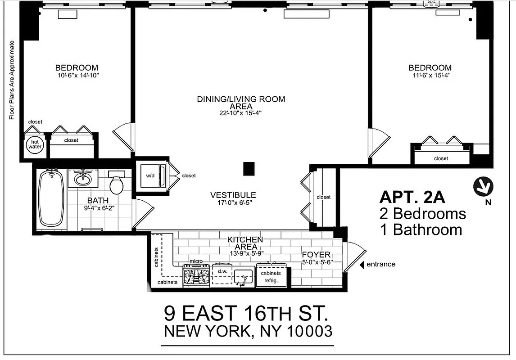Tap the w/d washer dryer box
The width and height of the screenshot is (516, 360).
click(x=149, y=175)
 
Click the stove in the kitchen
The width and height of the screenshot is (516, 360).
click(x=196, y=275)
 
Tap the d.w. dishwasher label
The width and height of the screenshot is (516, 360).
click(x=222, y=272)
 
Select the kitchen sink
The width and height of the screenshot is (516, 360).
click(x=243, y=276)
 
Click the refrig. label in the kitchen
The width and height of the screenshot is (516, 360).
click(x=271, y=280)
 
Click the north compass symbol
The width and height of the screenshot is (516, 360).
click(x=483, y=186)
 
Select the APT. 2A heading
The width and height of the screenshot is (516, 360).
click(x=412, y=197)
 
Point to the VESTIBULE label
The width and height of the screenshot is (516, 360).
click(x=233, y=195)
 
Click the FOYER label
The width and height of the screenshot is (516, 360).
click(x=316, y=255)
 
